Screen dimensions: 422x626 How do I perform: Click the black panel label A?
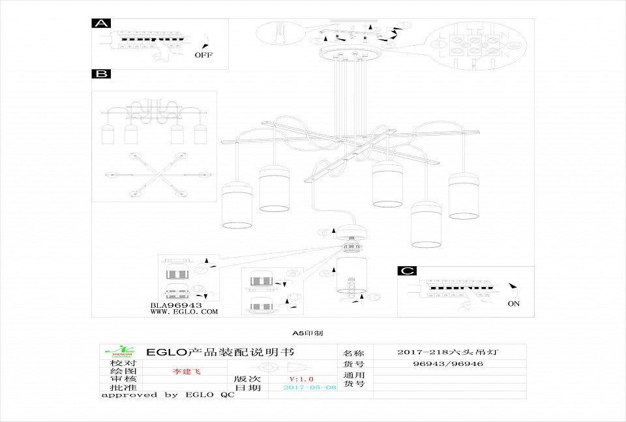pos(101,23)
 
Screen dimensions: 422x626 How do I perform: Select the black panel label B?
pos(101,74)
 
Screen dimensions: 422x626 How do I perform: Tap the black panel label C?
pos(407,271)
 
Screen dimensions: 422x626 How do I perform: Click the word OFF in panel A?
pos(203,55)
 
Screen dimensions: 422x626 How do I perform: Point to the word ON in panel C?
pos(514,304)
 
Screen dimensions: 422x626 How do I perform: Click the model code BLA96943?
pos(176,305)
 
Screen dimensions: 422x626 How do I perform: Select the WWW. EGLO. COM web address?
pos(185,312)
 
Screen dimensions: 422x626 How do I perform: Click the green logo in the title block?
pos(123,351)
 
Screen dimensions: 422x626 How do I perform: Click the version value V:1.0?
pos(301,379)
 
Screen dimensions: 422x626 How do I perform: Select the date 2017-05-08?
pos(310,387)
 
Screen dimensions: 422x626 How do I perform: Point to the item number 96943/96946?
pos(448,364)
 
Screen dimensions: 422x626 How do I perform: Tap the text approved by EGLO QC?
pos(167,395)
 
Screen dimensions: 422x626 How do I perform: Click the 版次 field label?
pos(247,379)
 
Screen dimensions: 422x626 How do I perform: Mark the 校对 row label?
pos(123,363)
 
